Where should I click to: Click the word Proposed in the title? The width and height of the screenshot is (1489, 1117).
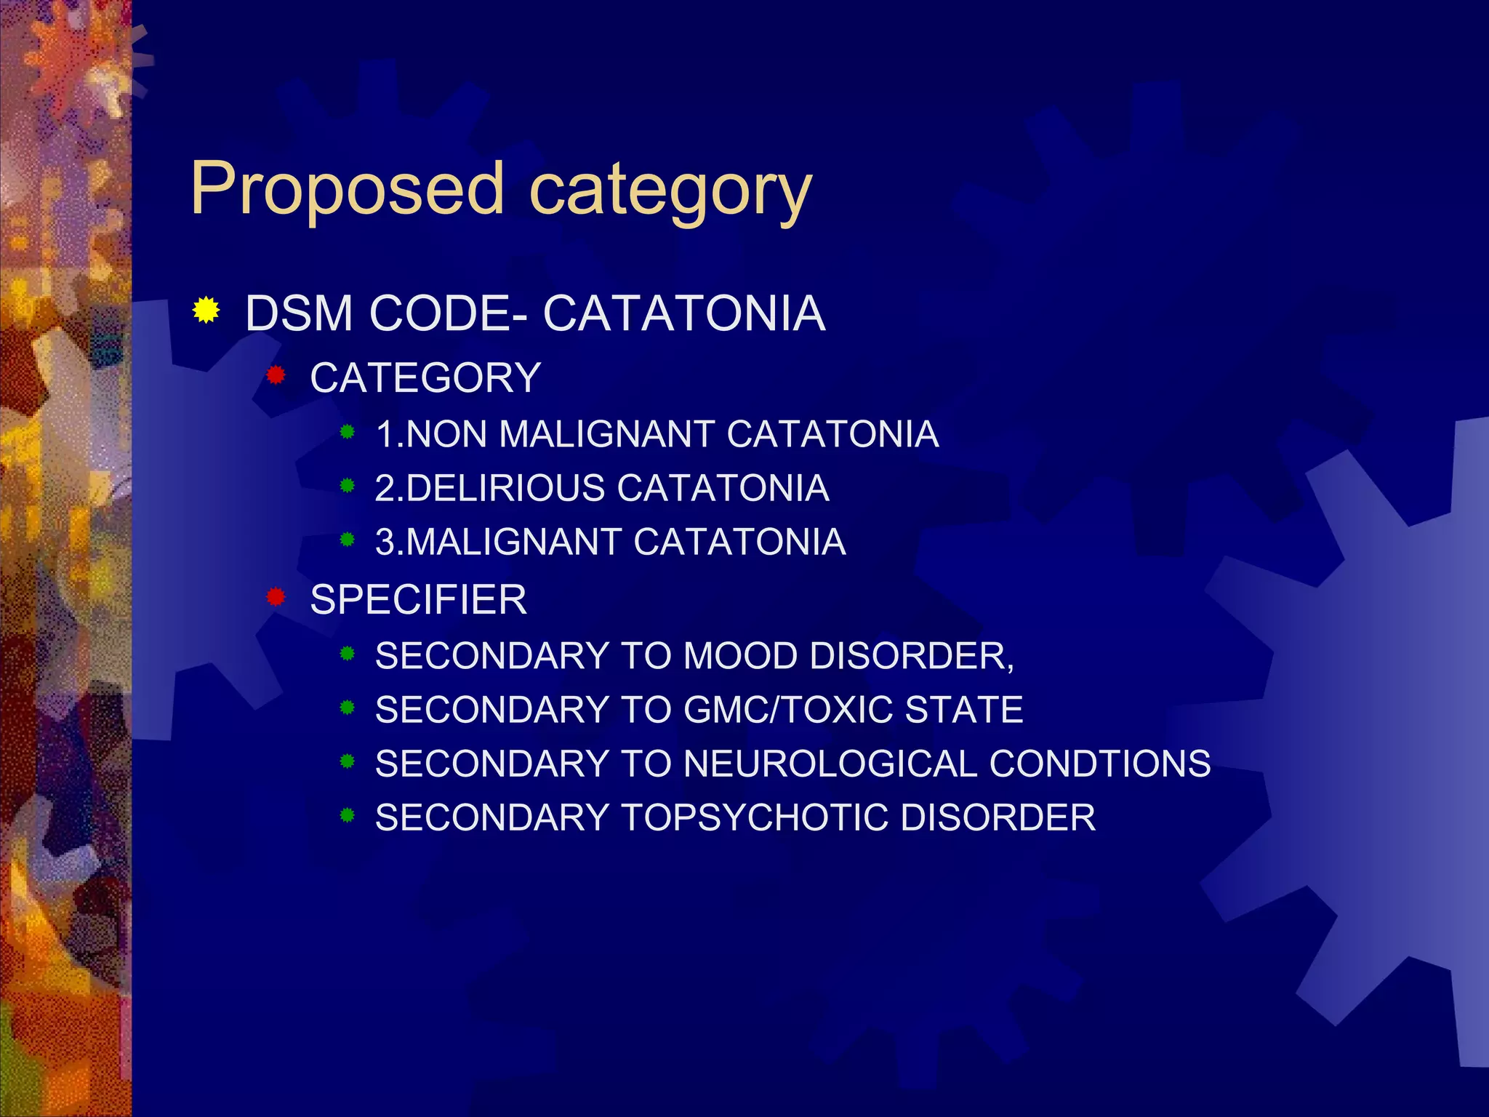click(347, 189)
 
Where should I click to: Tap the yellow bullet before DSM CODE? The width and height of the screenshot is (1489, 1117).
click(206, 311)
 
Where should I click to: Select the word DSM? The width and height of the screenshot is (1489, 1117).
click(299, 314)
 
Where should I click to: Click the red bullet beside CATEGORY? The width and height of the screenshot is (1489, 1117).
click(276, 376)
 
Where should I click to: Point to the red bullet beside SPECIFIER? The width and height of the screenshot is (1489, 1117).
click(276, 598)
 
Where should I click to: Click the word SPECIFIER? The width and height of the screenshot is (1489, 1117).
click(418, 600)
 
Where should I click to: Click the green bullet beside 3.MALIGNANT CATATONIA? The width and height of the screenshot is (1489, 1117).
click(348, 540)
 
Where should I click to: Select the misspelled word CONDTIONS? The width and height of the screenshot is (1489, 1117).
click(1099, 764)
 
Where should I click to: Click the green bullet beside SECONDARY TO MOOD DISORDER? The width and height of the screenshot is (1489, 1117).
click(348, 654)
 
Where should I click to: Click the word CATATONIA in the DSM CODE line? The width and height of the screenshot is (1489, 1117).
click(683, 314)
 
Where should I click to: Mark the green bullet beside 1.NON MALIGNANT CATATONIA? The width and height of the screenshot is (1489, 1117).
click(348, 432)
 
